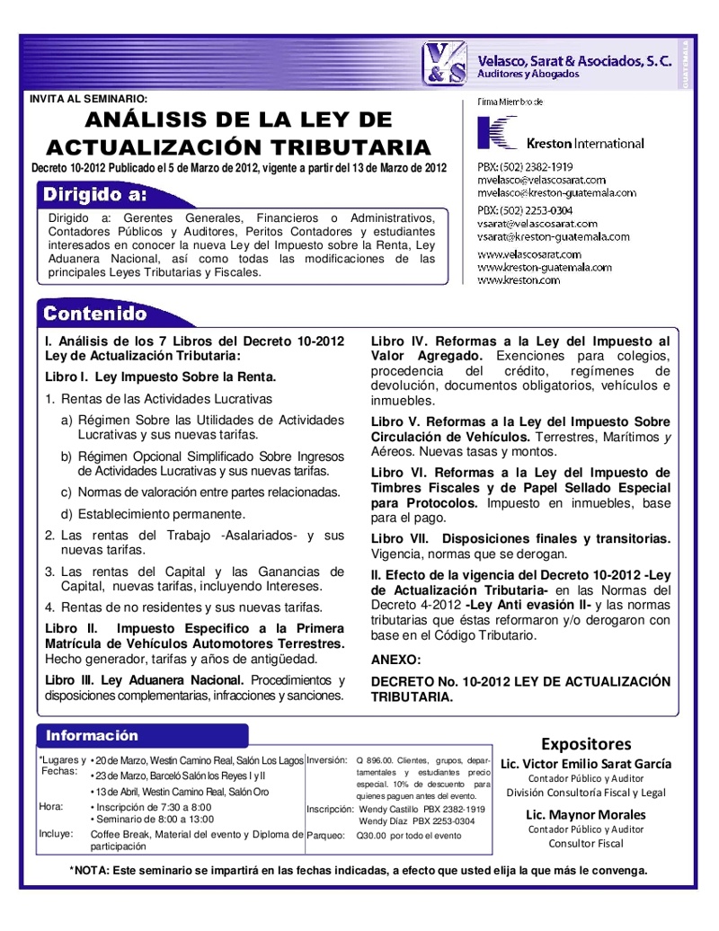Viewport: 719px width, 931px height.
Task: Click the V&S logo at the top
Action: (446, 64)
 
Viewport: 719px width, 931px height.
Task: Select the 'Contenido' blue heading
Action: (95, 314)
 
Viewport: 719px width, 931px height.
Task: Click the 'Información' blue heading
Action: (93, 736)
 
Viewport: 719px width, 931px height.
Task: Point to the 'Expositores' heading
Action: (585, 744)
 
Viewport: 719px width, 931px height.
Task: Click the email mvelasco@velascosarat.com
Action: (541, 180)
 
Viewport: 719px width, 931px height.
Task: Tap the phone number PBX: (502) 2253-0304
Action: (525, 210)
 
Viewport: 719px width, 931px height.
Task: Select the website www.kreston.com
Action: (519, 280)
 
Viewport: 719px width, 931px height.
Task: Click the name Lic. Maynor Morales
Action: (585, 815)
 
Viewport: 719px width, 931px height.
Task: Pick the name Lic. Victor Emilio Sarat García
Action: (585, 764)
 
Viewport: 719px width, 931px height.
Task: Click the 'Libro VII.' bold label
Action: (400, 539)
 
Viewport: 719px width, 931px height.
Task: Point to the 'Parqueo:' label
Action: (325, 835)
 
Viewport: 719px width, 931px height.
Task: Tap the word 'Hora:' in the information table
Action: (51, 807)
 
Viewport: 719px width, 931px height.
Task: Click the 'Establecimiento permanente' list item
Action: (153, 515)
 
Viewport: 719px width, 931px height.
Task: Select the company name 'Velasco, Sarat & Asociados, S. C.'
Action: (573, 59)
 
